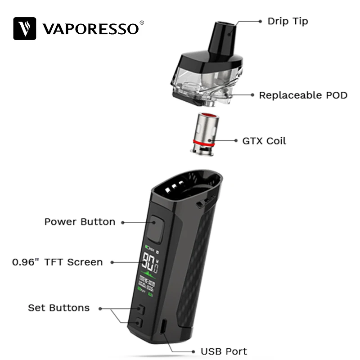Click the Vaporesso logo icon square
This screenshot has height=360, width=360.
coord(25,28)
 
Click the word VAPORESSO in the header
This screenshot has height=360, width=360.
coord(90,29)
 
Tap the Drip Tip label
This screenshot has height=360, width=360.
coord(288,21)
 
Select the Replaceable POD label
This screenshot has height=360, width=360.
coord(303,95)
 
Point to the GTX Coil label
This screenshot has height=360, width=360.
coord(264,140)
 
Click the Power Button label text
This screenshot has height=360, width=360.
coord(80,222)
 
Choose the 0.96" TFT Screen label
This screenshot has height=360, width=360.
coord(58,262)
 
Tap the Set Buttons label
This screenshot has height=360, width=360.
coord(58,308)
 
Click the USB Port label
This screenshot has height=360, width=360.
coord(224,351)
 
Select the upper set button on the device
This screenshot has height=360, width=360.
coord(141,310)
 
